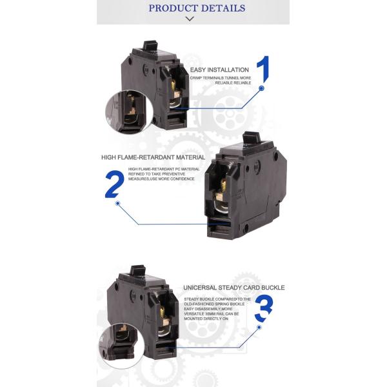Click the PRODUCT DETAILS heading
click(x=197, y=8)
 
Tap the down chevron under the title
click(x=190, y=19)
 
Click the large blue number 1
click(x=263, y=70)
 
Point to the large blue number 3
click(x=264, y=309)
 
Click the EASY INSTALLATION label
click(x=219, y=69)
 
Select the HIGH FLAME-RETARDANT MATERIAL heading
click(x=153, y=157)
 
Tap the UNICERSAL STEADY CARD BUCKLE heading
click(x=233, y=287)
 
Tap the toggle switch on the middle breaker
click(x=251, y=139)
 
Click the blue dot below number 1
click(x=262, y=88)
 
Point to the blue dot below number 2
click(x=117, y=203)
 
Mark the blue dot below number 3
click(x=259, y=327)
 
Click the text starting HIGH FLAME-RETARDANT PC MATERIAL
click(x=164, y=173)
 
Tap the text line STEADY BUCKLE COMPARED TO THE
click(x=217, y=299)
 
